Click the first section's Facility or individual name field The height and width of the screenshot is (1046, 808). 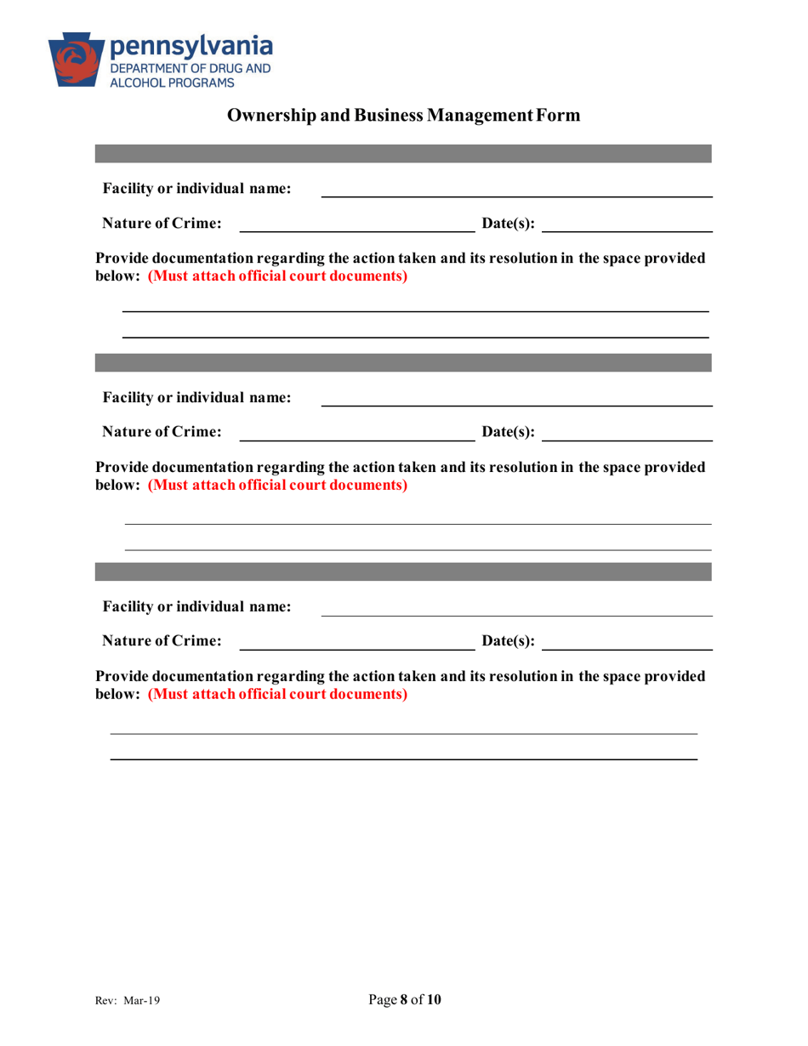515,189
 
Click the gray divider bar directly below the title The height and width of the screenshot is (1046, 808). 403,153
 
